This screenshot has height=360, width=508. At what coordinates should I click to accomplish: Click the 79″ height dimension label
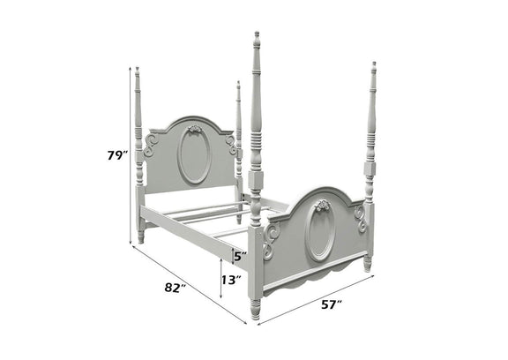click(116, 155)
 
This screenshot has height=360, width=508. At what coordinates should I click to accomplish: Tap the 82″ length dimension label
click(175, 287)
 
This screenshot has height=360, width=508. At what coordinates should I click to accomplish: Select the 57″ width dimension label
click(332, 305)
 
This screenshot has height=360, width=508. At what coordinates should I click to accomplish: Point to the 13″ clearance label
click(231, 280)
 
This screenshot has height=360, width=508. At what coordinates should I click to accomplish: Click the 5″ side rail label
click(240, 257)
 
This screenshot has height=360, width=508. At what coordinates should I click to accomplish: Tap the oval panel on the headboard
click(194, 156)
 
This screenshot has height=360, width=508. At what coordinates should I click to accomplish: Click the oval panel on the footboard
click(320, 231)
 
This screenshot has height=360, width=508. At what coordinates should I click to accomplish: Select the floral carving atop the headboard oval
click(194, 129)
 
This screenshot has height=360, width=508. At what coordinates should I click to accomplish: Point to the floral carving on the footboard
click(323, 206)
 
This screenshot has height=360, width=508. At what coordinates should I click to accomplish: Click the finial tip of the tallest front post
click(257, 34)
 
